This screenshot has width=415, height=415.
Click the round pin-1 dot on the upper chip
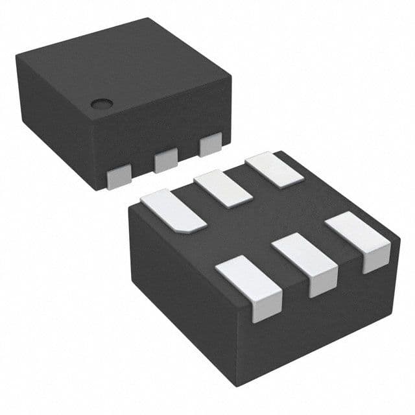[100, 103]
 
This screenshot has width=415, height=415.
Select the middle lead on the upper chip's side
[166, 159]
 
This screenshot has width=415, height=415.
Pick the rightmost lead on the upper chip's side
[211, 144]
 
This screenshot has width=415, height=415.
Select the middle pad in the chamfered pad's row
[223, 188]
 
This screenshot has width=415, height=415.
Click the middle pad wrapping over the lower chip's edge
[305, 263]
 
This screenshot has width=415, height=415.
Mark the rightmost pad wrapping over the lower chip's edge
[359, 240]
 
